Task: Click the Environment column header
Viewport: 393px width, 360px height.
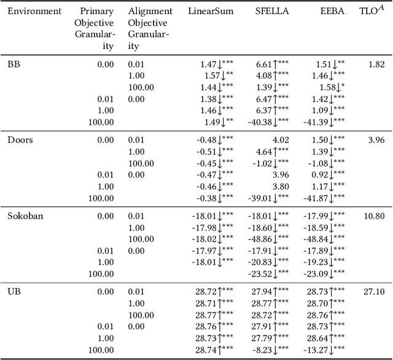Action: point(34,11)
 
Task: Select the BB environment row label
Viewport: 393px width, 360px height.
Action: point(14,63)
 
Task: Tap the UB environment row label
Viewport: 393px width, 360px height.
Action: point(14,292)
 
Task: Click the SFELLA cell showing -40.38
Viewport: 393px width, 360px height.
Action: point(268,122)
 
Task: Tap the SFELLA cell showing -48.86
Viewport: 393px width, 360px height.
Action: point(268,239)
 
